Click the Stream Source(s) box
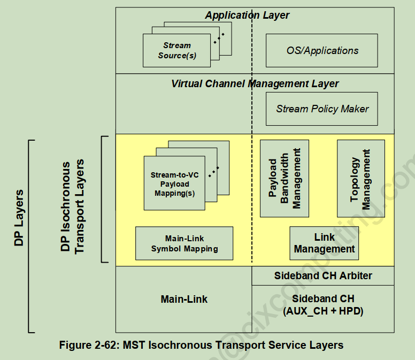(176, 50)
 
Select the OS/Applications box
(321, 50)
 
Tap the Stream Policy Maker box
(321, 109)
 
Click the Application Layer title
(247, 16)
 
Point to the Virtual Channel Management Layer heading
(255, 83)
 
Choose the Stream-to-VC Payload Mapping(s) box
(174, 183)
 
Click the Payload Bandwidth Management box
(285, 179)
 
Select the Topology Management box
(361, 179)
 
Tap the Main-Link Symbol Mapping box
(184, 243)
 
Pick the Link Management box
(324, 243)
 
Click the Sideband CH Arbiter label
(323, 276)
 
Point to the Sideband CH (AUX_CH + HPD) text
(323, 305)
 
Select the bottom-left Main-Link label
(184, 299)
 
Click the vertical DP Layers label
(19, 218)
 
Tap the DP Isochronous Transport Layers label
(72, 206)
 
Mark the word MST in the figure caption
(134, 345)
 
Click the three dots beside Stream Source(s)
(219, 39)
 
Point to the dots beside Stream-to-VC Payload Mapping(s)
(213, 172)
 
